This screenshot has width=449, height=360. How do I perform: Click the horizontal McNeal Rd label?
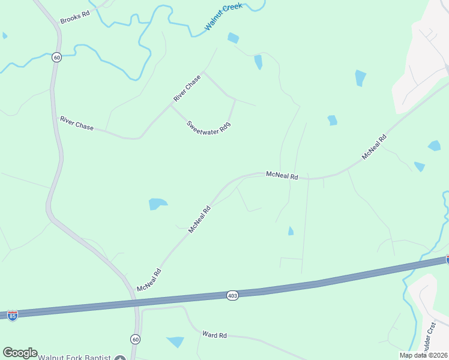pos(282,176)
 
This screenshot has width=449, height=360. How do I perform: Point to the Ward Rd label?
pos(214,334)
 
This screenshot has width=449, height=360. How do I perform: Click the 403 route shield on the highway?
pos(233,295)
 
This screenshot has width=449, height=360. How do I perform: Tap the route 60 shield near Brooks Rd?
pos(56,57)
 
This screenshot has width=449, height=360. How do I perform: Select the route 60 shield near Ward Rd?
pos(135,339)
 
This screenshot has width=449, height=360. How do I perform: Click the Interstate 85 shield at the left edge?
pos(12,315)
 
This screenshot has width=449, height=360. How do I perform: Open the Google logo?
pos(20,353)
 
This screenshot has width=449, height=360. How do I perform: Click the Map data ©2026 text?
pos(424,355)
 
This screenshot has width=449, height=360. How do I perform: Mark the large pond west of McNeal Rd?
pos(157,204)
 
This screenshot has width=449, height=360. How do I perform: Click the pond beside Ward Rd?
pos(176,342)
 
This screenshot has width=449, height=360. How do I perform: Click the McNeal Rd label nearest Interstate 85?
pos(149,280)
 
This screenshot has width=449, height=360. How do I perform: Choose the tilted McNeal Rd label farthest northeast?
pos(374,147)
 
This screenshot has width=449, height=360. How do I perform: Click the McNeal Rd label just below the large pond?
pos(200,220)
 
